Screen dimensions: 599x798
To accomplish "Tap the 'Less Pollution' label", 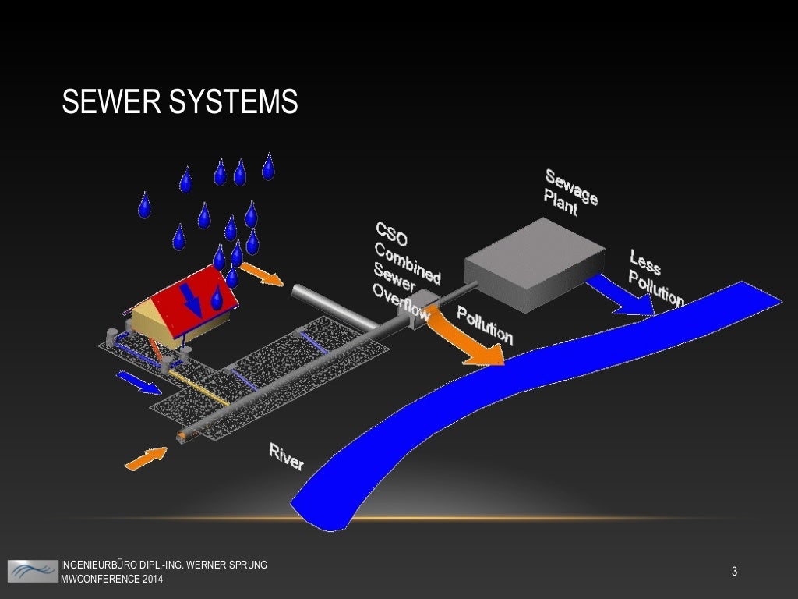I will click(x=655, y=278).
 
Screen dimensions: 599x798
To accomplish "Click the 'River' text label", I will click(x=286, y=456).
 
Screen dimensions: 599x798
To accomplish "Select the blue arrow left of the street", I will click(x=138, y=381).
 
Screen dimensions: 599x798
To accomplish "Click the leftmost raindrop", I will click(x=144, y=205).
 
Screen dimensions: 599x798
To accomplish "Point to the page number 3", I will click(x=734, y=572).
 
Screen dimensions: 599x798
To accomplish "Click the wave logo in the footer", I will click(x=33, y=571).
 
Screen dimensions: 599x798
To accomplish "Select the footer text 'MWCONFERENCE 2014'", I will click(x=112, y=579).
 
